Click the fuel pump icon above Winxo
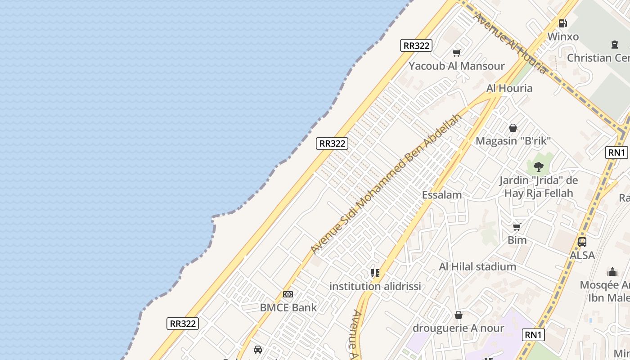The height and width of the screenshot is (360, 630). coord(562,23)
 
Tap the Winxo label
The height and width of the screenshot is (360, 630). coord(563,36)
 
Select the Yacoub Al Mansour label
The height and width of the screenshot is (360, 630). coord(457,66)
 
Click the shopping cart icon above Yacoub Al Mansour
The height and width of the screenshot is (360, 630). coord(457,53)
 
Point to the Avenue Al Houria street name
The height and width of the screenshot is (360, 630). coord(510,43)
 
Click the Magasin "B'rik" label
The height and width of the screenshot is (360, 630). coord(513,141)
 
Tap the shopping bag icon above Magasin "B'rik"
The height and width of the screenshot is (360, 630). coord(513,128)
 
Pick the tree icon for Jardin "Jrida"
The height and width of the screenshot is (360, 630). coord(538,167)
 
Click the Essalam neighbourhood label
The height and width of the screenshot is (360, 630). coord(442,195)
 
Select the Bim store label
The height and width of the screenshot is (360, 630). coord(517,240)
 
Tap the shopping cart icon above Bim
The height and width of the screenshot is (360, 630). coord(517,227)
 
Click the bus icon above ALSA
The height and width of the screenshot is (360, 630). coord(582,242)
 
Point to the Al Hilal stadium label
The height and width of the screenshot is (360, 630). coord(477,267)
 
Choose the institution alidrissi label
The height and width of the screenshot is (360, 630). coord(375,286)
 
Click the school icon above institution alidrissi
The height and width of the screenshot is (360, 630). coord(375,273)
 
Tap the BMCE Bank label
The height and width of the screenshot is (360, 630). coord(288,308)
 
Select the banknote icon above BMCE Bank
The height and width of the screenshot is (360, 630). coord(288,294)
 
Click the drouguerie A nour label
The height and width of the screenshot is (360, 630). coord(459,328)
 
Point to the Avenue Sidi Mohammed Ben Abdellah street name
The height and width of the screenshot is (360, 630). coord(386,183)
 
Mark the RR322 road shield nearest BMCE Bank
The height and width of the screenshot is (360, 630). coord(183,324)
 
